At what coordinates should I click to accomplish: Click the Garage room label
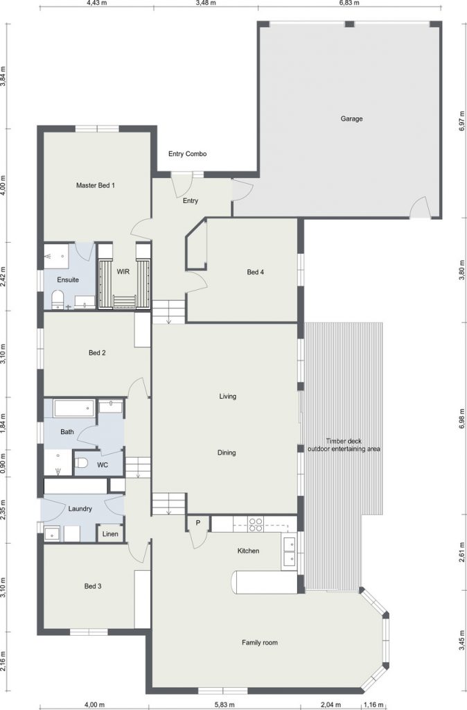pyautogui.click(x=351, y=119)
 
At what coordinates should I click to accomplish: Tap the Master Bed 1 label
pyautogui.click(x=96, y=185)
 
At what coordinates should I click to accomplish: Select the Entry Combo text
pyautogui.click(x=187, y=154)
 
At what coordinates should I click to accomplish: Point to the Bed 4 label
pyautogui.click(x=255, y=272)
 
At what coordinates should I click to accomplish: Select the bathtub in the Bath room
pyautogui.click(x=74, y=408)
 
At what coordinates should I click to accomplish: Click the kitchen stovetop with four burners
pyautogui.click(x=256, y=524)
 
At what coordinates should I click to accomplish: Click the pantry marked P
pyautogui.click(x=198, y=523)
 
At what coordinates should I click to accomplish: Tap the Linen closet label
pyautogui.click(x=110, y=534)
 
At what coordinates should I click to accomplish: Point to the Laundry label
pyautogui.click(x=80, y=508)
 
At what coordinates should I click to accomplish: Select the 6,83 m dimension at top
pyautogui.click(x=350, y=3)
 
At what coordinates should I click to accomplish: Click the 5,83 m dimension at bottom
pyautogui.click(x=224, y=704)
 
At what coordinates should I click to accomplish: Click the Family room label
pyautogui.click(x=260, y=643)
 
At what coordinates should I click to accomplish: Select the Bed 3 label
pyautogui.click(x=93, y=586)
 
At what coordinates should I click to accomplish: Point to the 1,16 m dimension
pyautogui.click(x=373, y=704)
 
